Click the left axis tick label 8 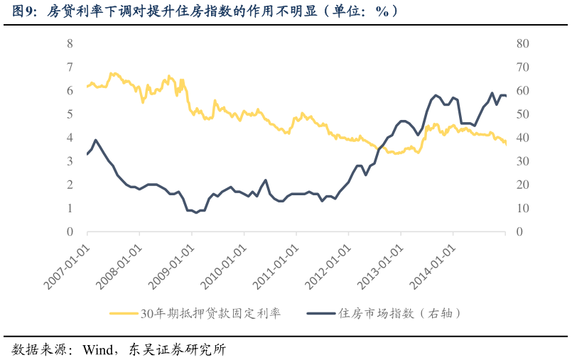pyautogui.click(x=70, y=43)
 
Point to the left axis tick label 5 pyautogui.click(x=70, y=114)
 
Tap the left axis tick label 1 pyautogui.click(x=70, y=208)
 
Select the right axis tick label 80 pyautogui.click(x=522, y=43)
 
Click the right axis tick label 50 pyautogui.click(x=522, y=114)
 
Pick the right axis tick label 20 pyautogui.click(x=522, y=185)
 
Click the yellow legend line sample pyautogui.click(x=124, y=313)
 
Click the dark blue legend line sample pyautogui.click(x=320, y=313)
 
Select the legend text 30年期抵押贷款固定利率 pyautogui.click(x=210, y=313)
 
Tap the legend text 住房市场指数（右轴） pyautogui.click(x=401, y=313)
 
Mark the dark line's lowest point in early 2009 pyautogui.click(x=196, y=213)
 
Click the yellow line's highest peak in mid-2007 pyautogui.click(x=112, y=73)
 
